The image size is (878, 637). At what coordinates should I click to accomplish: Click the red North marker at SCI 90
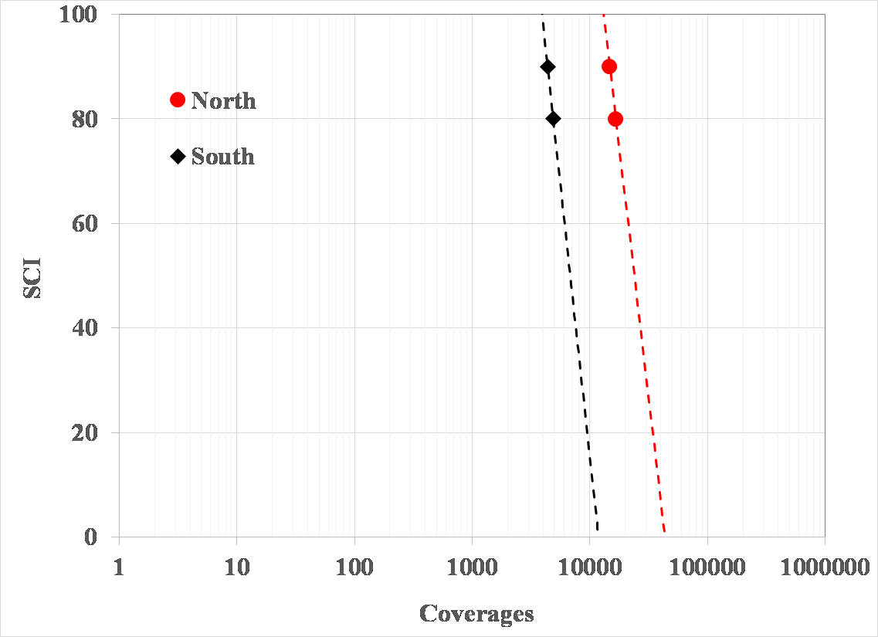click(609, 66)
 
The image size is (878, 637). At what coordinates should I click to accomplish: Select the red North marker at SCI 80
click(615, 119)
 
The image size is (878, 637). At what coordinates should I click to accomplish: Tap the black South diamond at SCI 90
click(547, 66)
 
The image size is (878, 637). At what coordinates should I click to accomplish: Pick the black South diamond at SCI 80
click(553, 119)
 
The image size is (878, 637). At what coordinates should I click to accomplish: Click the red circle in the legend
click(178, 100)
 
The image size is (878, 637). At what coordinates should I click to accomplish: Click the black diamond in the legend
click(178, 157)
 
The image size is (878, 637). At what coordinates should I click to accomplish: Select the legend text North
click(223, 100)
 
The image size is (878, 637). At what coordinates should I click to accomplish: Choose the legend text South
click(222, 157)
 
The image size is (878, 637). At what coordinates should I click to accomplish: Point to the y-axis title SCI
click(32, 276)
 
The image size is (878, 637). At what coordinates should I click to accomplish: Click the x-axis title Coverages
click(476, 614)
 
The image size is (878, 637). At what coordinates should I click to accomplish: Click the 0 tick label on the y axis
click(91, 537)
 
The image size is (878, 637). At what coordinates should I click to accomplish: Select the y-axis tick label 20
click(86, 433)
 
